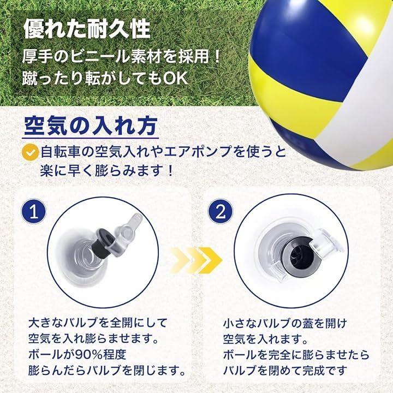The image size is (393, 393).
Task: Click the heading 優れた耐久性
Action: pyautogui.click(x=87, y=30)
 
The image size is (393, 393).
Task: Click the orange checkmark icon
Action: pyautogui.click(x=30, y=153)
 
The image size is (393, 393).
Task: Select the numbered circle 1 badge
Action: pyautogui.click(x=34, y=212)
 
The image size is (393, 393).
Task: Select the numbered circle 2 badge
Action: pyautogui.click(x=221, y=212)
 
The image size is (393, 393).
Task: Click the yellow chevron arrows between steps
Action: pyautogui.click(x=196, y=260)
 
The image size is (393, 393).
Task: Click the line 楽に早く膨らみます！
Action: pyautogui.click(x=107, y=171)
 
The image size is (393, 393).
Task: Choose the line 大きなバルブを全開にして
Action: pyautogui.click(x=98, y=323)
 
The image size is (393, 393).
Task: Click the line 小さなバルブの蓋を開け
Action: pyautogui.click(x=285, y=324)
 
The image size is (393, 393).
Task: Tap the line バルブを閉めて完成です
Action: pyautogui.click(x=285, y=370)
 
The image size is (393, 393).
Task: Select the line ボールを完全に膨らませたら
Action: pyautogui.click(x=296, y=355)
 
